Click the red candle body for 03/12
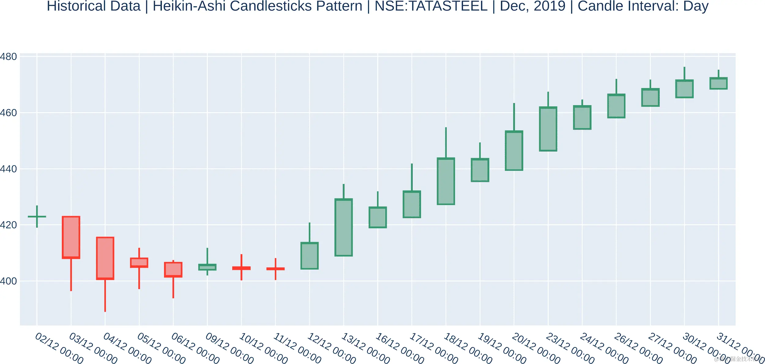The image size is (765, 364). coord(71,237)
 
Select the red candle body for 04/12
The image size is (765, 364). coord(105,258)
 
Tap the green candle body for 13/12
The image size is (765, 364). coord(343,227)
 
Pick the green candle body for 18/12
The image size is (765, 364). coord(446,181)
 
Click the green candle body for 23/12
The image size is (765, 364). coord(548,129)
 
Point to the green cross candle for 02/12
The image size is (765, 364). coord(37,217)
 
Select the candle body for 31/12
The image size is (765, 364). coord(718,83)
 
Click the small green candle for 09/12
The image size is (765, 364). coord(207,267)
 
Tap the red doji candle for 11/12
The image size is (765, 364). coord(275,269)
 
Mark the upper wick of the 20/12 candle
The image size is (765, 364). coord(514,117)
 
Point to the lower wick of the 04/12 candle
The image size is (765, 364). coord(105,295)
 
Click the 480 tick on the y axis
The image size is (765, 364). coord(8,57)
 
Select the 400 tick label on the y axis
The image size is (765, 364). coord(8,281)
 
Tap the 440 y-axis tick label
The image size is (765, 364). coord(8,169)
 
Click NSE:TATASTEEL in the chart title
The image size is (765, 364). coord(431,6)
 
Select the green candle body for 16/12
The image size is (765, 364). coord(378,217)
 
